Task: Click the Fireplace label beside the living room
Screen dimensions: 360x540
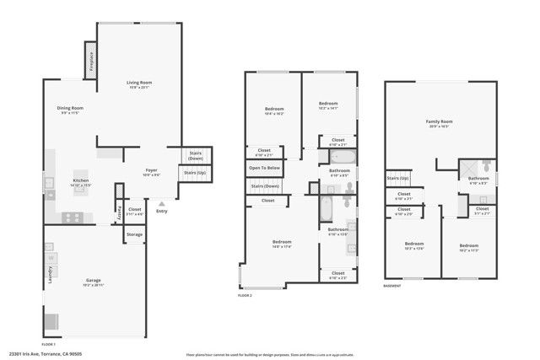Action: [x=91, y=61]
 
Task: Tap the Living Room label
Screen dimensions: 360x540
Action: [x=138, y=83]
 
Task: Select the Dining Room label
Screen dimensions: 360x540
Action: [x=70, y=108]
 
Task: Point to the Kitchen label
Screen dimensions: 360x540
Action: [x=81, y=181]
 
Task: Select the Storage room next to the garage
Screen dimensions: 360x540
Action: [x=134, y=234]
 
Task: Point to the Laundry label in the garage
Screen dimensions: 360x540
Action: [x=50, y=275]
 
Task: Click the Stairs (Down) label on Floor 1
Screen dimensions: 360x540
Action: [x=196, y=155]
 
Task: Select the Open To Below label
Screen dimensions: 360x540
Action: [x=265, y=168]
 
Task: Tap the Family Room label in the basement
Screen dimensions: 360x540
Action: [x=440, y=123]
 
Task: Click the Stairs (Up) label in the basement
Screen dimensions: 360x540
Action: [x=397, y=178]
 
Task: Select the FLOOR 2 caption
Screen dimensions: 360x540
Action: [x=245, y=295]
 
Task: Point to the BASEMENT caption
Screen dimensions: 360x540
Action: [x=392, y=286]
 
